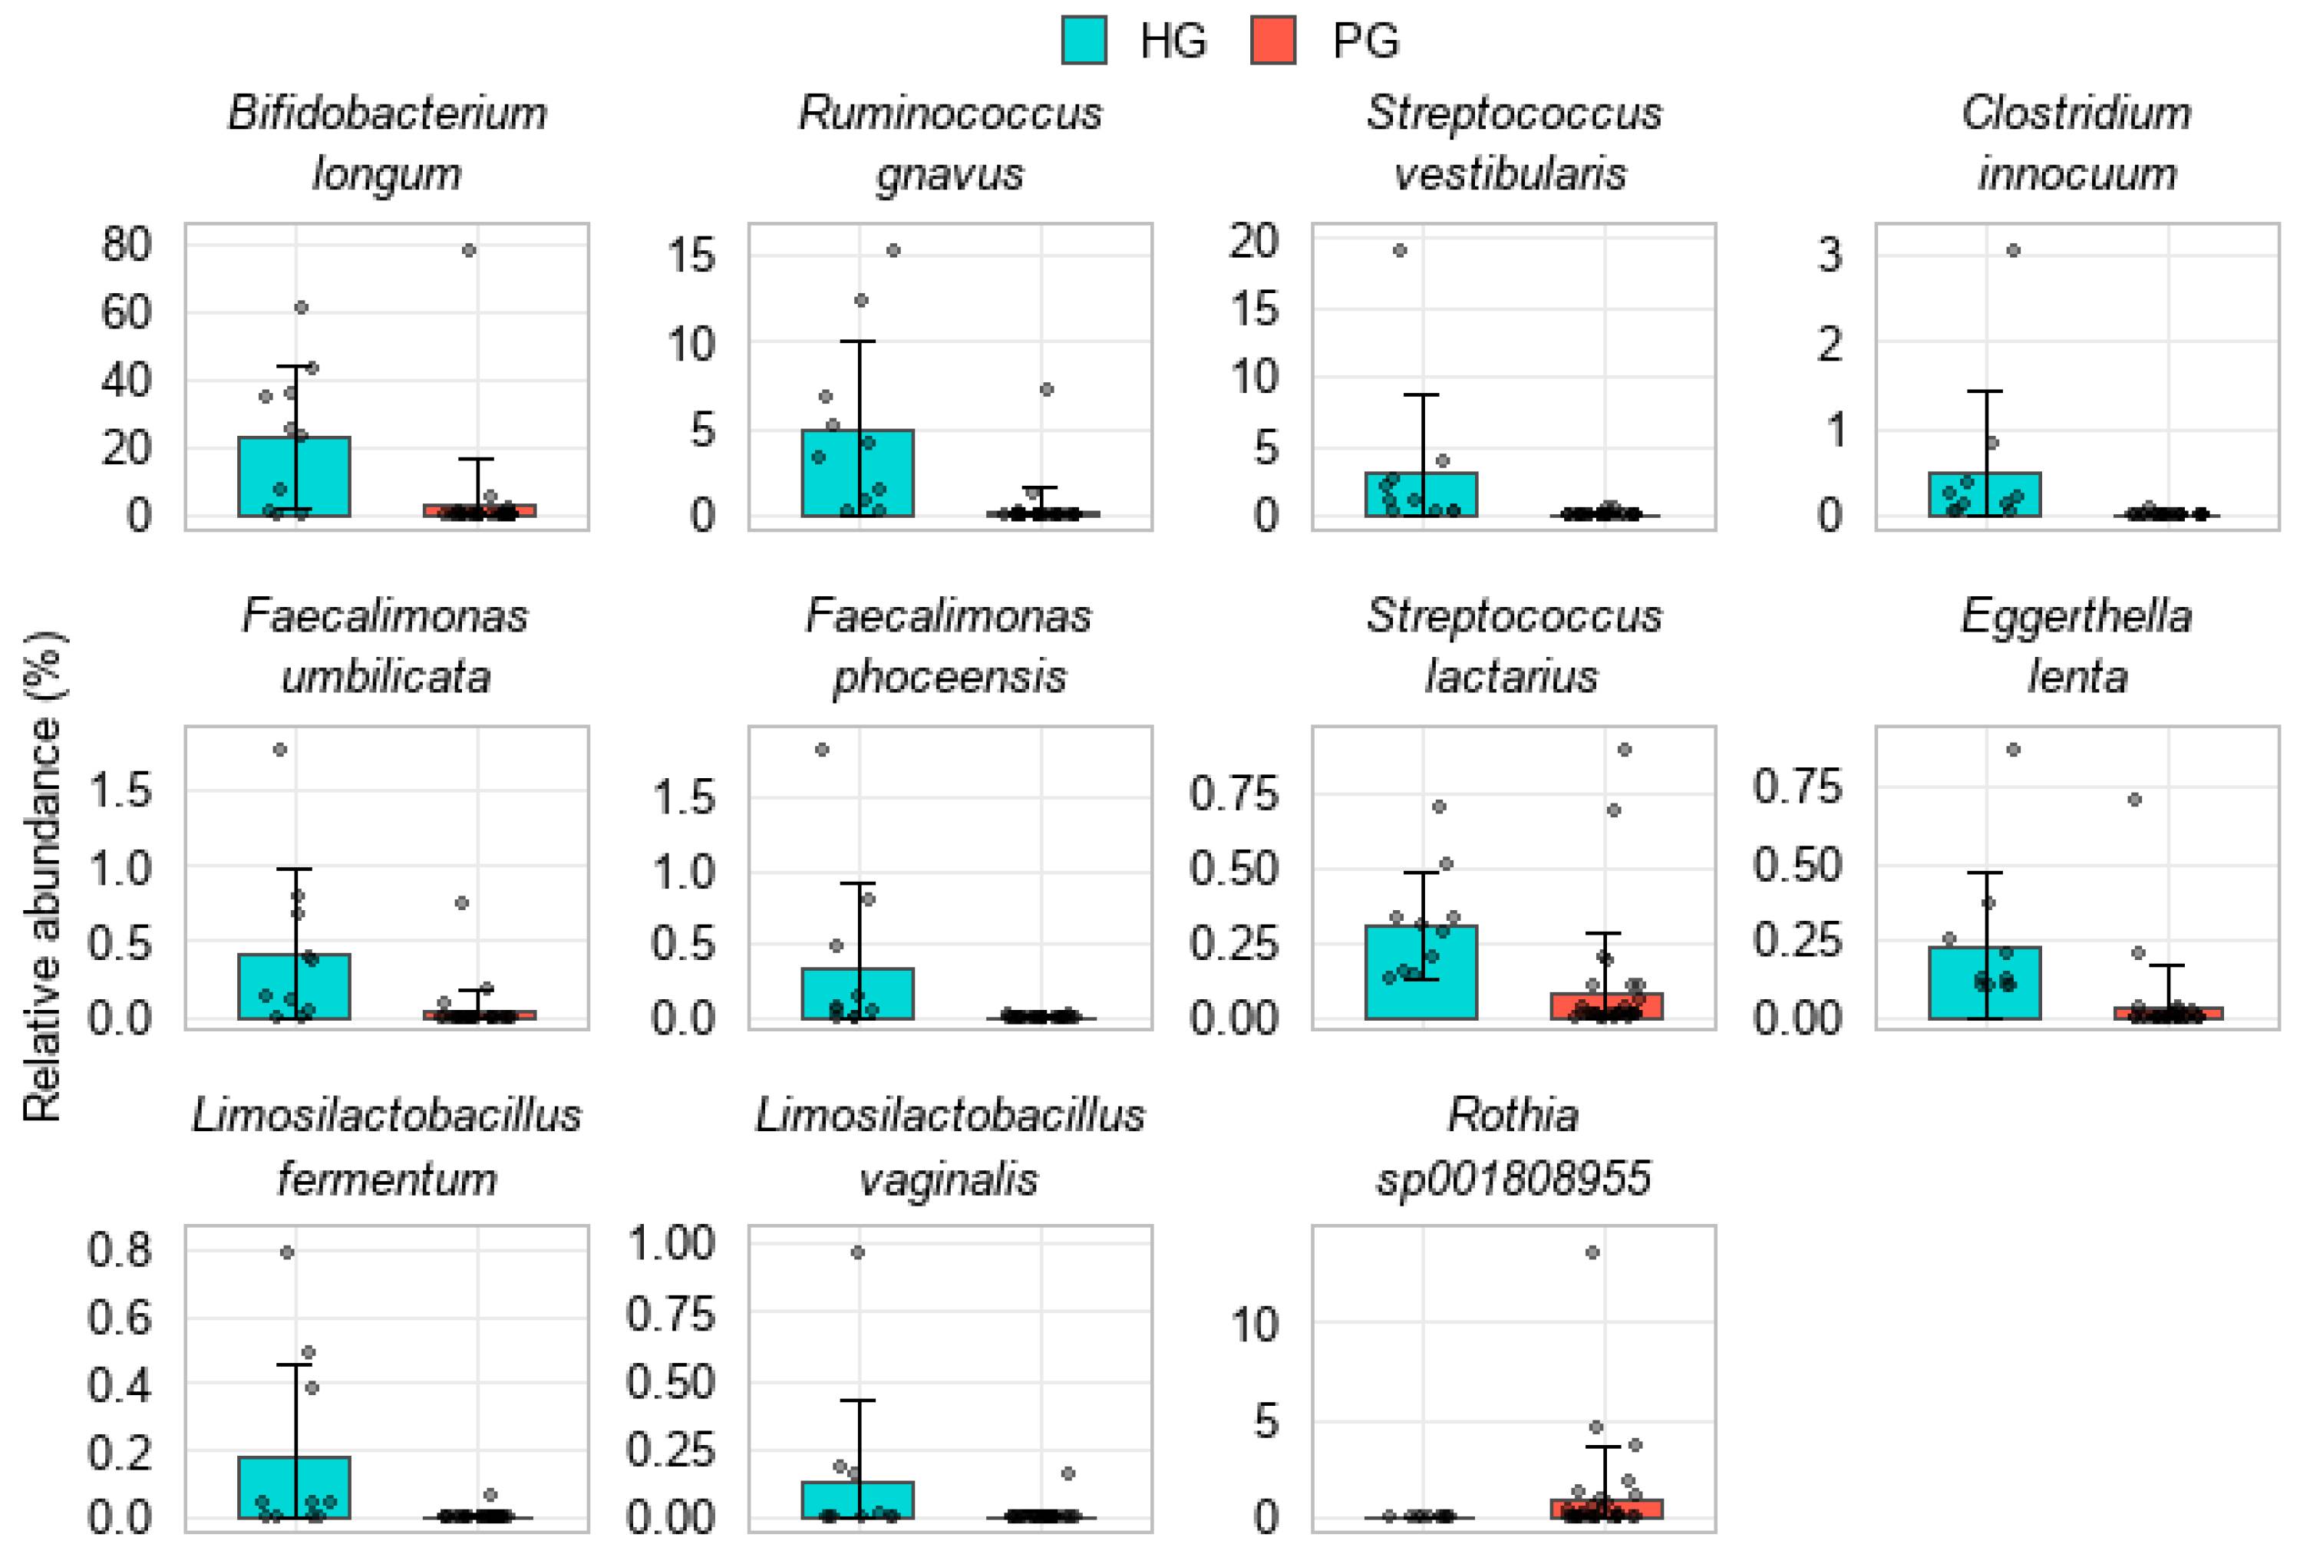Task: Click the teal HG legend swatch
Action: (1083, 41)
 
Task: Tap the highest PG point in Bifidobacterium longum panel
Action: (469, 250)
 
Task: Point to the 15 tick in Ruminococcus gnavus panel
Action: (690, 256)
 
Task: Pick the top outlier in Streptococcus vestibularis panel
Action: (1399, 250)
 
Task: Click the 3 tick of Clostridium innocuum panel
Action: (1829, 256)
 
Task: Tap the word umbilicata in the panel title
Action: (386, 677)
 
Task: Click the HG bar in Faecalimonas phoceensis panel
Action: (857, 994)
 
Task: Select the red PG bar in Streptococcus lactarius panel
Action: (1605, 1007)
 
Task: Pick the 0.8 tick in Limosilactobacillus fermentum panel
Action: (119, 1250)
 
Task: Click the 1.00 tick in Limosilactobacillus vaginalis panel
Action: (670, 1243)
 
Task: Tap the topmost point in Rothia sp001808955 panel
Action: (1592, 1252)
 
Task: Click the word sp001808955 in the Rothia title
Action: (1513, 1179)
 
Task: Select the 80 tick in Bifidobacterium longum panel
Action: (126, 245)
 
